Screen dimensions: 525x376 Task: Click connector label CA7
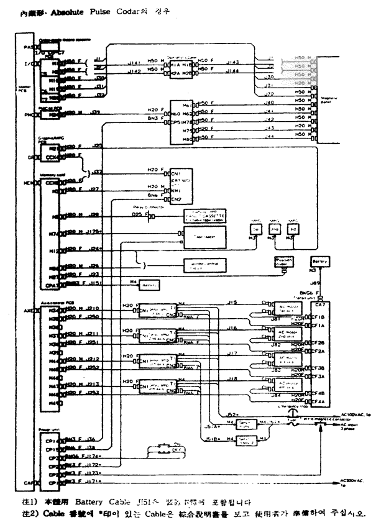[x=319, y=304]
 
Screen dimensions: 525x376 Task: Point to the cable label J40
[x=269, y=101]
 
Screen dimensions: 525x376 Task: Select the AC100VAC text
[x=355, y=413]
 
